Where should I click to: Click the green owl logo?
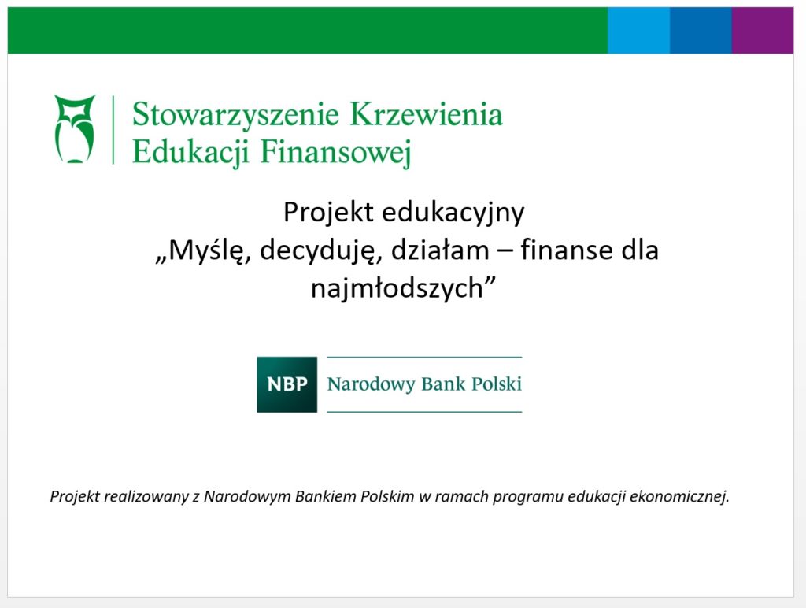75,128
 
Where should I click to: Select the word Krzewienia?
426,113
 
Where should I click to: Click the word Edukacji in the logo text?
190,152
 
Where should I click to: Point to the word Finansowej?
336,152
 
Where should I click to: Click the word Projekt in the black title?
328,212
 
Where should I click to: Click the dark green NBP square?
287,384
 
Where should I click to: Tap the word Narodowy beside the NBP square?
372,384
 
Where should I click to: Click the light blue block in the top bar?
638,30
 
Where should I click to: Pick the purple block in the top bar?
763,30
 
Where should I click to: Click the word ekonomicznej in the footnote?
679,496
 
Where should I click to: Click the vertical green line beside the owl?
113,129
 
